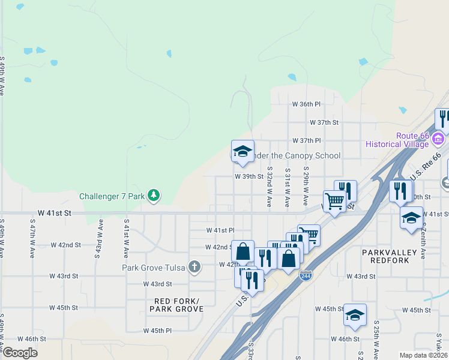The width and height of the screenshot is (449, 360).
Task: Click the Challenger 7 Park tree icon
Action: tap(154, 195)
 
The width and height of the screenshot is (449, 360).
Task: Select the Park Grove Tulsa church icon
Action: tap(194, 268)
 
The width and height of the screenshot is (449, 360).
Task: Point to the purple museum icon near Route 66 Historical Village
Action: tap(438, 139)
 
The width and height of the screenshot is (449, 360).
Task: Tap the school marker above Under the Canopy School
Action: tap(243, 151)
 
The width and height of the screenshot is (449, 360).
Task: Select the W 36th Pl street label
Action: tap(306, 104)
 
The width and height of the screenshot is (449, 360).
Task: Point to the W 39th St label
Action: tap(249, 176)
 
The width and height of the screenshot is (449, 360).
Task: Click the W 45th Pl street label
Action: tap(157, 331)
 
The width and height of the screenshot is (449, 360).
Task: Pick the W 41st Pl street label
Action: tap(220, 230)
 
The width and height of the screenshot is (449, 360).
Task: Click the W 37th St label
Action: tap(324, 122)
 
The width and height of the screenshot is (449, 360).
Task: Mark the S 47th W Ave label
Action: tap(32, 238)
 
